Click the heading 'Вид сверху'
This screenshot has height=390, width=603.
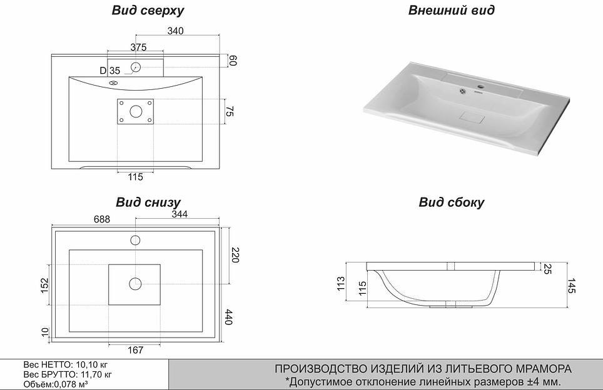tap(148, 11)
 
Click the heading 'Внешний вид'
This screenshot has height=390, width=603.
tap(451, 11)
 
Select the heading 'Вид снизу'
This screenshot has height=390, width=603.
tap(148, 202)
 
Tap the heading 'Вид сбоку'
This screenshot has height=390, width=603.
tap(451, 202)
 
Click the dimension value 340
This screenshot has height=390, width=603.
tap(176, 31)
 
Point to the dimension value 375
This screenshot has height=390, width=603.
tap(139, 47)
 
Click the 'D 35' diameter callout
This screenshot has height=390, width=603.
tap(109, 71)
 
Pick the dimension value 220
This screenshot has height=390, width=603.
tap(235, 254)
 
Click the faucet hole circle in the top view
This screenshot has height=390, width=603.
tap(136, 67)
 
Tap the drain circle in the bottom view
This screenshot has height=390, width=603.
tap(135, 284)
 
